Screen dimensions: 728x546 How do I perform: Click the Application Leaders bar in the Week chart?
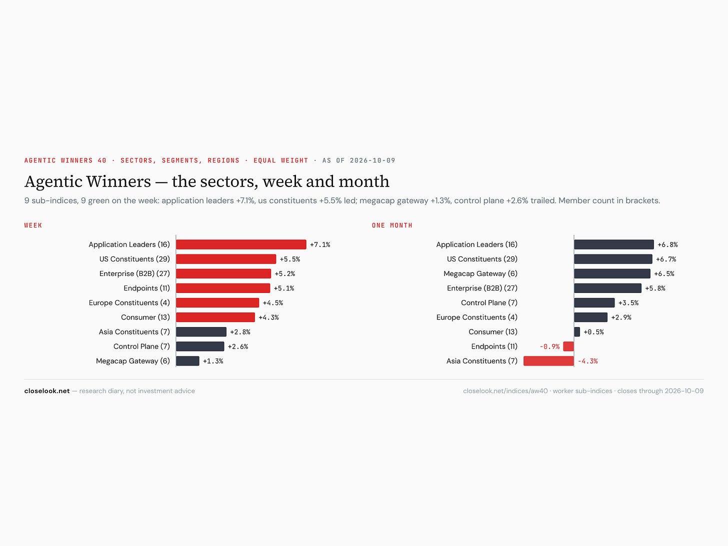pyautogui.click(x=241, y=244)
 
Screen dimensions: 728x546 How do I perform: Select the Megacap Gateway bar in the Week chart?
pyautogui.click(x=187, y=360)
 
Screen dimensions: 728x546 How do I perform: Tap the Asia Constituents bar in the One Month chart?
pyautogui.click(x=548, y=360)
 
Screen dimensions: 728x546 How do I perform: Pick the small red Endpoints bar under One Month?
pyautogui.click(x=568, y=346)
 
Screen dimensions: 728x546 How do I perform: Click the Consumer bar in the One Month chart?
pyautogui.click(x=577, y=331)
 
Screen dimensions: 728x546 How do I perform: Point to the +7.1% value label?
pyautogui.click(x=320, y=244)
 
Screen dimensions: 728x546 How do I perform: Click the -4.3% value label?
pyautogui.click(x=587, y=361)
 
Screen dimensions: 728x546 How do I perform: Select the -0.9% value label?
pyautogui.click(x=549, y=346)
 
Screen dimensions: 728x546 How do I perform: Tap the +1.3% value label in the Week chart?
pyautogui.click(x=213, y=361)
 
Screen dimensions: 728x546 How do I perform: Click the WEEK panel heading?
pyautogui.click(x=33, y=225)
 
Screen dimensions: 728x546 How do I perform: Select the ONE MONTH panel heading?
pyautogui.click(x=392, y=225)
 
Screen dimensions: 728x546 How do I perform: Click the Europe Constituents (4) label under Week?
pyautogui.click(x=129, y=302)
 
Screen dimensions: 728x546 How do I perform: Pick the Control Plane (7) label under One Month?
pyautogui.click(x=489, y=302)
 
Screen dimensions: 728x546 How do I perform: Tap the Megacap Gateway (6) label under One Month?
pyautogui.click(x=480, y=273)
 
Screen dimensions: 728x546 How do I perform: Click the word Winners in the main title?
pyautogui.click(x=118, y=181)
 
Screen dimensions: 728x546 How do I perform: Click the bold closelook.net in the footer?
pyautogui.click(x=47, y=391)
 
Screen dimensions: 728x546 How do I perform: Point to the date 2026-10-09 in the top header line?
pyautogui.click(x=372, y=160)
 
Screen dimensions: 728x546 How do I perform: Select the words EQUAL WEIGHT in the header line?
pyautogui.click(x=281, y=160)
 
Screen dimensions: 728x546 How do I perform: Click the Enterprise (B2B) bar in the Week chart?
pyautogui.click(x=223, y=273)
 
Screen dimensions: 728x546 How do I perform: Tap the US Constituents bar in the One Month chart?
pyautogui.click(x=613, y=259)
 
